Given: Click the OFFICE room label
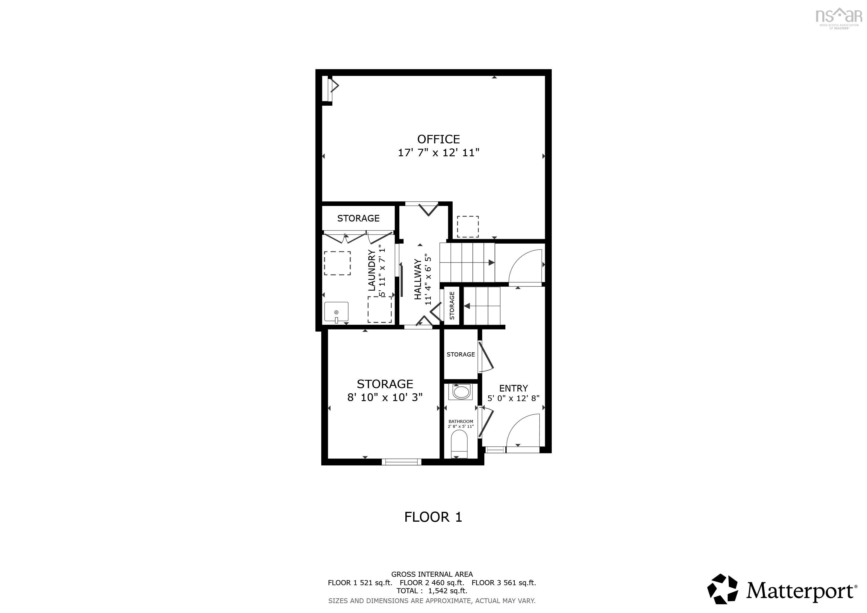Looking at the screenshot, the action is tap(438, 139).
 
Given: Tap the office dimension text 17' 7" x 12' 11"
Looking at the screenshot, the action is tap(438, 152).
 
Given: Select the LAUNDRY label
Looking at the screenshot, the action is tap(372, 270).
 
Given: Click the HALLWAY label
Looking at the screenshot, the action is tap(418, 279).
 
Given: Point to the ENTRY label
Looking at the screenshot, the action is tap(513, 388).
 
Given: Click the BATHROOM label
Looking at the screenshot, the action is tap(461, 421).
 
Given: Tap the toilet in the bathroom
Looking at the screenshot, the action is tap(459, 444).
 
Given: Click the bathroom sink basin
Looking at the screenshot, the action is tap(460, 392).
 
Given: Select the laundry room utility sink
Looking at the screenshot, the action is tap(336, 312).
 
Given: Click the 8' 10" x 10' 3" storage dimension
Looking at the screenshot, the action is tap(385, 397).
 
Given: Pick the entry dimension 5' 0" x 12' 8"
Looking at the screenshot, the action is tap(513, 398).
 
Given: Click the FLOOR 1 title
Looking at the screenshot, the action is tap(433, 517).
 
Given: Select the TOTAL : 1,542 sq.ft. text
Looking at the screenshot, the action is tap(432, 591).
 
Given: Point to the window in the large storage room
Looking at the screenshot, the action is tap(401, 461).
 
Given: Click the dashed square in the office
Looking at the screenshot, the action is tap(468, 227).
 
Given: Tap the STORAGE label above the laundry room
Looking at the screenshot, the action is tap(358, 218).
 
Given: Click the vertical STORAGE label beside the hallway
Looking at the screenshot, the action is tap(452, 306).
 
